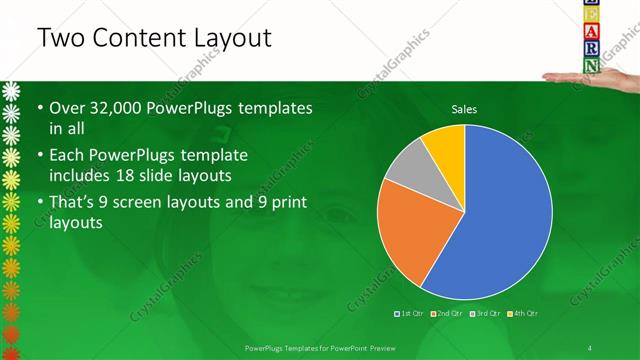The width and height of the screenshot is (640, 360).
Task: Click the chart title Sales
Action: point(464,108)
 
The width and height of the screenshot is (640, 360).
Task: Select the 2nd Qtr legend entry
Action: point(446,314)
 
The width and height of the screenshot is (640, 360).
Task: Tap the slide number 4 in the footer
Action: point(589,347)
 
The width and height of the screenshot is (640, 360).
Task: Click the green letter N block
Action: point(592,66)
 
